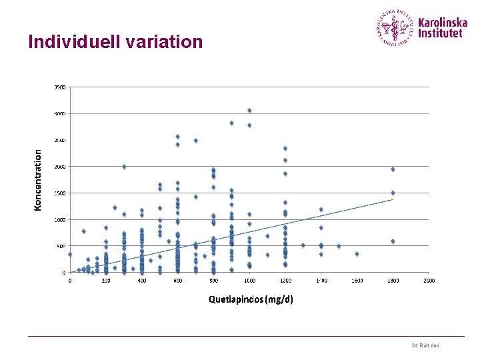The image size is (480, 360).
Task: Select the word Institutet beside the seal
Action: (440, 33)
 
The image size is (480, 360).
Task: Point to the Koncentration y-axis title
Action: (38, 180)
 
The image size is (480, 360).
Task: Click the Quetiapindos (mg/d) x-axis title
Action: (250, 299)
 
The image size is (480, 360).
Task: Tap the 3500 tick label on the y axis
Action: (59, 87)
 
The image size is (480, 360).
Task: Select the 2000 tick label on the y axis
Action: (59, 167)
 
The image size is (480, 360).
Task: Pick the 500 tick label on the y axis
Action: (61, 246)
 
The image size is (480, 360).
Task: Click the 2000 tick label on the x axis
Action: (428, 281)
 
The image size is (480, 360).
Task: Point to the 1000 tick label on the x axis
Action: (249, 281)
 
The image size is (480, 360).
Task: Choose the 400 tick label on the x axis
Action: (142, 281)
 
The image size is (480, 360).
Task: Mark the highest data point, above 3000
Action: (249, 111)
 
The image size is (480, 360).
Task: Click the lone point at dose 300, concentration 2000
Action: (124, 167)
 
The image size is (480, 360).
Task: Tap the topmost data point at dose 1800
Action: (393, 169)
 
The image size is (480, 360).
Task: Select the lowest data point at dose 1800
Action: (393, 241)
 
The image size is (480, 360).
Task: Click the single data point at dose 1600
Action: (357, 254)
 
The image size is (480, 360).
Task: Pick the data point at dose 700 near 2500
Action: (195, 141)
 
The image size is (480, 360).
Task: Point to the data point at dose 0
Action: (70, 254)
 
